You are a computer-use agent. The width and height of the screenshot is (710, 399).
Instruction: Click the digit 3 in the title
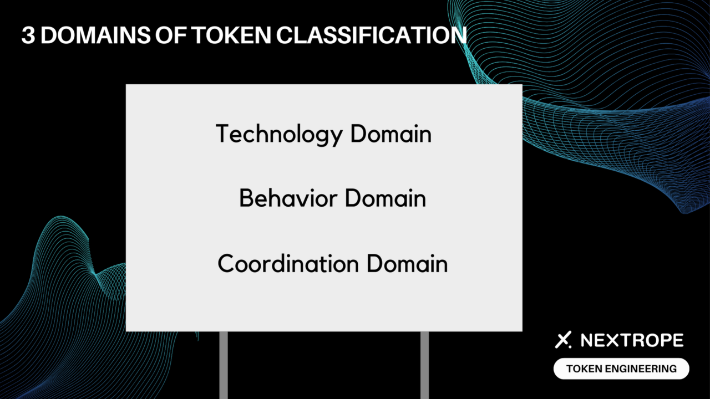[28, 35]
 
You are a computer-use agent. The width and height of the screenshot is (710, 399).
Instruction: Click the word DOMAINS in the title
[95, 35]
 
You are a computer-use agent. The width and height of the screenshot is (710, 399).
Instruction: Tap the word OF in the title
[171, 35]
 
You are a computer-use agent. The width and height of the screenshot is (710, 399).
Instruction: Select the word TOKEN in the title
[231, 35]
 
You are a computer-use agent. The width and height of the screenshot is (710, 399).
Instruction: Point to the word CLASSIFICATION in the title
[372, 35]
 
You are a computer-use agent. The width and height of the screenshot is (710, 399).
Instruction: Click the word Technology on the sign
[279, 135]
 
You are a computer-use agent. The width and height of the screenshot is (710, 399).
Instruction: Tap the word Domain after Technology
[391, 134]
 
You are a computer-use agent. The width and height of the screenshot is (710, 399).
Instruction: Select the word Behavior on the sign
[288, 198]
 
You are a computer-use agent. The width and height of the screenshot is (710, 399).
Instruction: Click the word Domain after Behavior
[386, 198]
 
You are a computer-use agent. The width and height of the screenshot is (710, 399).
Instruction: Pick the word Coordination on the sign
[288, 263]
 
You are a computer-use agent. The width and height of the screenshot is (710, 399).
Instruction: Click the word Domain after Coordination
[407, 263]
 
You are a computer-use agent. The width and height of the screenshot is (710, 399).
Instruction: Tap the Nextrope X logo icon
[563, 340]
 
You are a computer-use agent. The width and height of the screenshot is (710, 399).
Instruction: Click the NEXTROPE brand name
[632, 340]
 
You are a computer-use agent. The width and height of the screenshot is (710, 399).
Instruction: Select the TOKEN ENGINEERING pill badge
[621, 369]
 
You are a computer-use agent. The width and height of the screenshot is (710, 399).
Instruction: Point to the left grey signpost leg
[224, 365]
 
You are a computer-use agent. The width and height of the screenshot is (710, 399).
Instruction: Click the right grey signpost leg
[424, 365]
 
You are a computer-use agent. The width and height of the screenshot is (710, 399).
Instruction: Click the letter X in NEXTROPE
[617, 340]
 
